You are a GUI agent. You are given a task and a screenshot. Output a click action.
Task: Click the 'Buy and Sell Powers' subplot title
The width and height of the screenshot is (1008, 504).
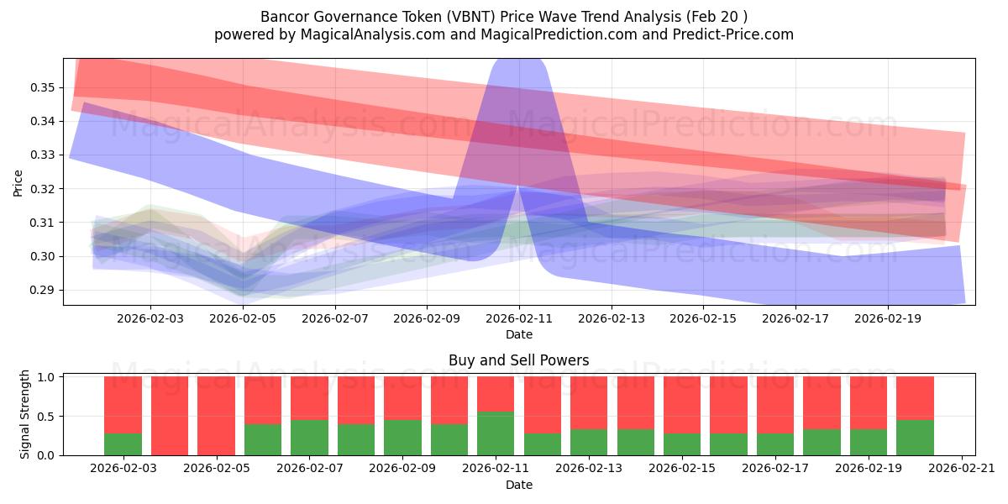[518, 360]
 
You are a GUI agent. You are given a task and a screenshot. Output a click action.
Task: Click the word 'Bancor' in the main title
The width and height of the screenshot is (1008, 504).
[286, 17]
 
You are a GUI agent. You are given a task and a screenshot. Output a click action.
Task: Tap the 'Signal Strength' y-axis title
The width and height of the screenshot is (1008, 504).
[25, 414]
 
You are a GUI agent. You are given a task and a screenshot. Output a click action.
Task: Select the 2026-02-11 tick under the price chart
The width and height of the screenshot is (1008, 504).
[518, 318]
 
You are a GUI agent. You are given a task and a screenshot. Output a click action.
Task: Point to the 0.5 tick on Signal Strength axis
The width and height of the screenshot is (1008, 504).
[47, 417]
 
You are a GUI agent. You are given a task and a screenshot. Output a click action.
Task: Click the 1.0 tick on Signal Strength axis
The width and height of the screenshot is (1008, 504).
[47, 377]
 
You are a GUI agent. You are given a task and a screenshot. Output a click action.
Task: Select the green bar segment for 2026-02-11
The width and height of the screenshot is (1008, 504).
[496, 433]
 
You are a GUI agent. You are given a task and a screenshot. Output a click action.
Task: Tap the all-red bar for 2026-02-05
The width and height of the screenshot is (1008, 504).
[216, 416]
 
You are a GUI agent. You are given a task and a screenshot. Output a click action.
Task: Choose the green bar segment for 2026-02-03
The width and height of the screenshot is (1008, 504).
[123, 444]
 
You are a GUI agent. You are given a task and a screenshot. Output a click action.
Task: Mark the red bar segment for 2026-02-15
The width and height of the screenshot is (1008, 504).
[682, 405]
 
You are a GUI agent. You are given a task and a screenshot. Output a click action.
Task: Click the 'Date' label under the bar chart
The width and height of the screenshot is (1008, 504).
[518, 485]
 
